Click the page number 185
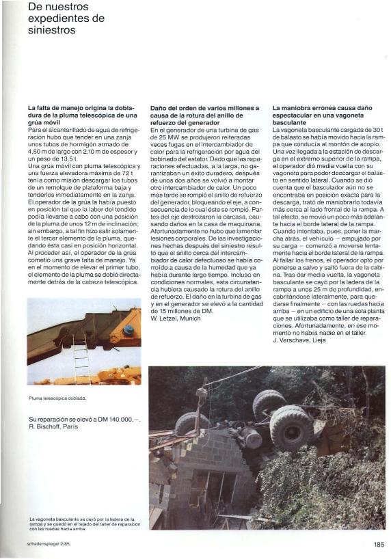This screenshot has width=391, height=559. (x=379, y=545)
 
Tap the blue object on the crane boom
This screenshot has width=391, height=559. (x=128, y=330)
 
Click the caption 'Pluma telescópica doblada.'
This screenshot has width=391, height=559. (x=57, y=397)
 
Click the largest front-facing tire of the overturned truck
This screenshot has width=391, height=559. (x=291, y=427)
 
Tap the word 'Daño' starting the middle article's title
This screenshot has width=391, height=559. (x=159, y=108)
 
